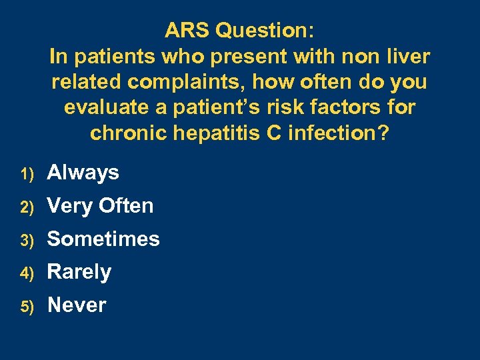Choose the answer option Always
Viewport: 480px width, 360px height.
[83, 173]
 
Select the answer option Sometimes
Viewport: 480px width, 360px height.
[103, 239]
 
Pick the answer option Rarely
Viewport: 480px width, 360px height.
[79, 272]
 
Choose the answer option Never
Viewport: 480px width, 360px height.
[77, 305]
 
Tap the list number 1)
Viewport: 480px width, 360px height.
[27, 174]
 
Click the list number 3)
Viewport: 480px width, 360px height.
[27, 240]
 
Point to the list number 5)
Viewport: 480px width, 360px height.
[27, 306]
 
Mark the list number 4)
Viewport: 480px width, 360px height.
[27, 273]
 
